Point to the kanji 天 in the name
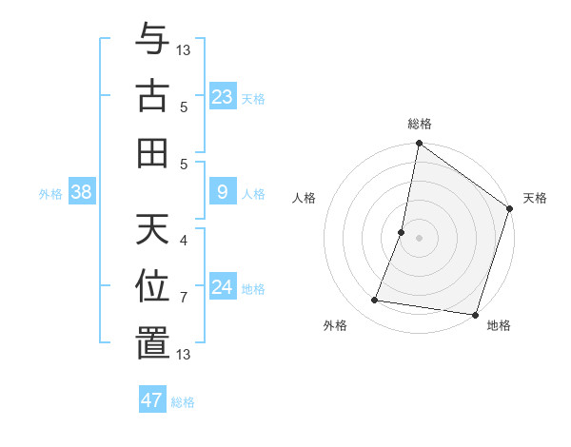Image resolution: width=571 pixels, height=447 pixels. pyautogui.click(x=152, y=232)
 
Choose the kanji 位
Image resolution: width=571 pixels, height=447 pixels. pyautogui.click(x=152, y=286)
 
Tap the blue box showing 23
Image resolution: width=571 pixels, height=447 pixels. pyautogui.click(x=222, y=96)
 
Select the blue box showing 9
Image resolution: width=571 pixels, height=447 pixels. pyautogui.click(x=222, y=192)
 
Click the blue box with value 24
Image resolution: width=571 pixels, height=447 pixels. pyautogui.click(x=222, y=287)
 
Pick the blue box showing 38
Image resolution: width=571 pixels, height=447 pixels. pyautogui.click(x=81, y=192)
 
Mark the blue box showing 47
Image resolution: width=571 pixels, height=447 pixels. pyautogui.click(x=152, y=399)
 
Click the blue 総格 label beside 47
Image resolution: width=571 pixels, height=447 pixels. pyautogui.click(x=183, y=401)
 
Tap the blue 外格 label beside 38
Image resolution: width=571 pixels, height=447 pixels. pyautogui.click(x=50, y=193)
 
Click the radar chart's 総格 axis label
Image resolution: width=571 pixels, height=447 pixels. pyautogui.click(x=420, y=124)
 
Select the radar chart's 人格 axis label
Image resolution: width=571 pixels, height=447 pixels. pyautogui.click(x=305, y=198)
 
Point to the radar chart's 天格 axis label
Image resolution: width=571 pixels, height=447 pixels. pyautogui.click(x=535, y=198)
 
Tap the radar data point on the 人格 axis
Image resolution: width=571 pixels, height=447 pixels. pyautogui.click(x=402, y=232)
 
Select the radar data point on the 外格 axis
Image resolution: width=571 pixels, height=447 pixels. pyautogui.click(x=375, y=300)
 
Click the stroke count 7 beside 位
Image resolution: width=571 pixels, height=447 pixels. pyautogui.click(x=184, y=298)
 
